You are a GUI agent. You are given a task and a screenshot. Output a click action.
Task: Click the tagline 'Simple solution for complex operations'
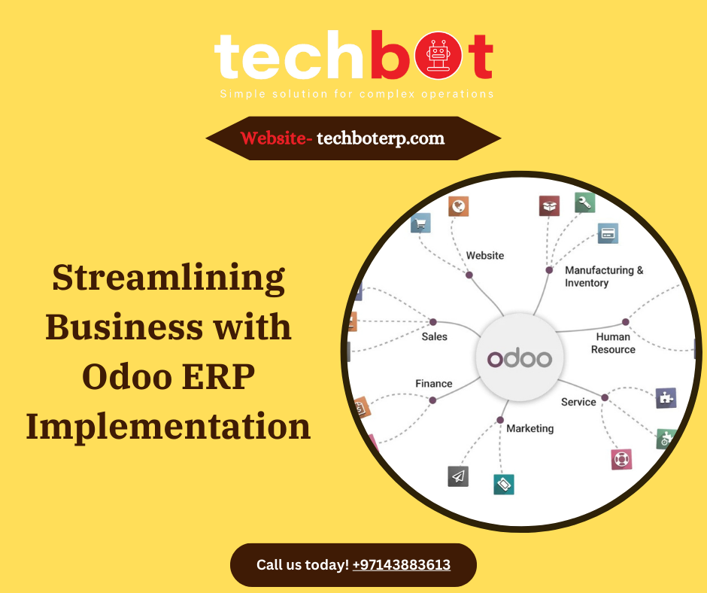357,94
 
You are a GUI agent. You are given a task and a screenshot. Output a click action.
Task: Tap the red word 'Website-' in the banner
275,138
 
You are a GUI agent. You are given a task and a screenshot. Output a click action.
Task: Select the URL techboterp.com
381,138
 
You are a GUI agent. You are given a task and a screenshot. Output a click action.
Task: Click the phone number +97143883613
401,564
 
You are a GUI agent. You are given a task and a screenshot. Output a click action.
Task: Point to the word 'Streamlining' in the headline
168,278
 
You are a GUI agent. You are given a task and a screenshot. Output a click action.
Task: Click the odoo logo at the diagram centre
519,358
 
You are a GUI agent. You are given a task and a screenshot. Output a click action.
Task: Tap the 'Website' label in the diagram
485,256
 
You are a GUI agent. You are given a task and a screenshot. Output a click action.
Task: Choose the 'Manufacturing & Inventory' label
604,276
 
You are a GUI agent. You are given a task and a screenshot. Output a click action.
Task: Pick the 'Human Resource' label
613,343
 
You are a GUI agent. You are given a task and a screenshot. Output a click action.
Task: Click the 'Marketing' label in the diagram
529,428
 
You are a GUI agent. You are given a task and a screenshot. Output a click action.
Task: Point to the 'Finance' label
434,384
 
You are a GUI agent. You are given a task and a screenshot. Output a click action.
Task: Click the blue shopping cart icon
420,222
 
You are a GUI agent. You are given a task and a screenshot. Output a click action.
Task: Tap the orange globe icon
459,205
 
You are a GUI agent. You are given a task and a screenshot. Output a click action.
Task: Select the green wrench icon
585,202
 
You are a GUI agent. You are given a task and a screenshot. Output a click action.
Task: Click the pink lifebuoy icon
621,459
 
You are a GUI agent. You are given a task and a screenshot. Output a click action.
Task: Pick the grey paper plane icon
458,476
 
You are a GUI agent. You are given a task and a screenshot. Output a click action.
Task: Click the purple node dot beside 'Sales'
432,321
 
